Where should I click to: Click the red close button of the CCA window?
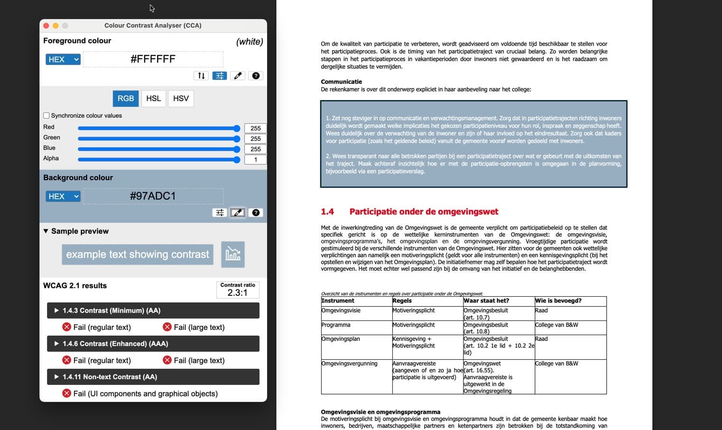[46, 26]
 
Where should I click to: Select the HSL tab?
[153, 99]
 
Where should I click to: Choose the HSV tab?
[181, 99]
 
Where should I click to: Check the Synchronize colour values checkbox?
[46, 116]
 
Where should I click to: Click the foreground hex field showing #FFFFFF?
[153, 59]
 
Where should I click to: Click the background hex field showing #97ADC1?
[153, 196]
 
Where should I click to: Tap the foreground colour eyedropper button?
[238, 76]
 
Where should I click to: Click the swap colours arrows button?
[201, 76]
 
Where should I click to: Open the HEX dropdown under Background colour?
[63, 196]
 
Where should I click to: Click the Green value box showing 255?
[255, 139]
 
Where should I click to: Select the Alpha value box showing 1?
[255, 160]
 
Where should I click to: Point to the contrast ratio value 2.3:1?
[237, 293]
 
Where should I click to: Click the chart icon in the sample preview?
[232, 255]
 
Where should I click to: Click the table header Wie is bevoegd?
[558, 301]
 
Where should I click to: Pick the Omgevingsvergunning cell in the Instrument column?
[349, 364]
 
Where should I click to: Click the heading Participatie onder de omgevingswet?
[424, 212]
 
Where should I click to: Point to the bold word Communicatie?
[341, 82]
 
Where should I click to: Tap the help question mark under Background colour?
[256, 213]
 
